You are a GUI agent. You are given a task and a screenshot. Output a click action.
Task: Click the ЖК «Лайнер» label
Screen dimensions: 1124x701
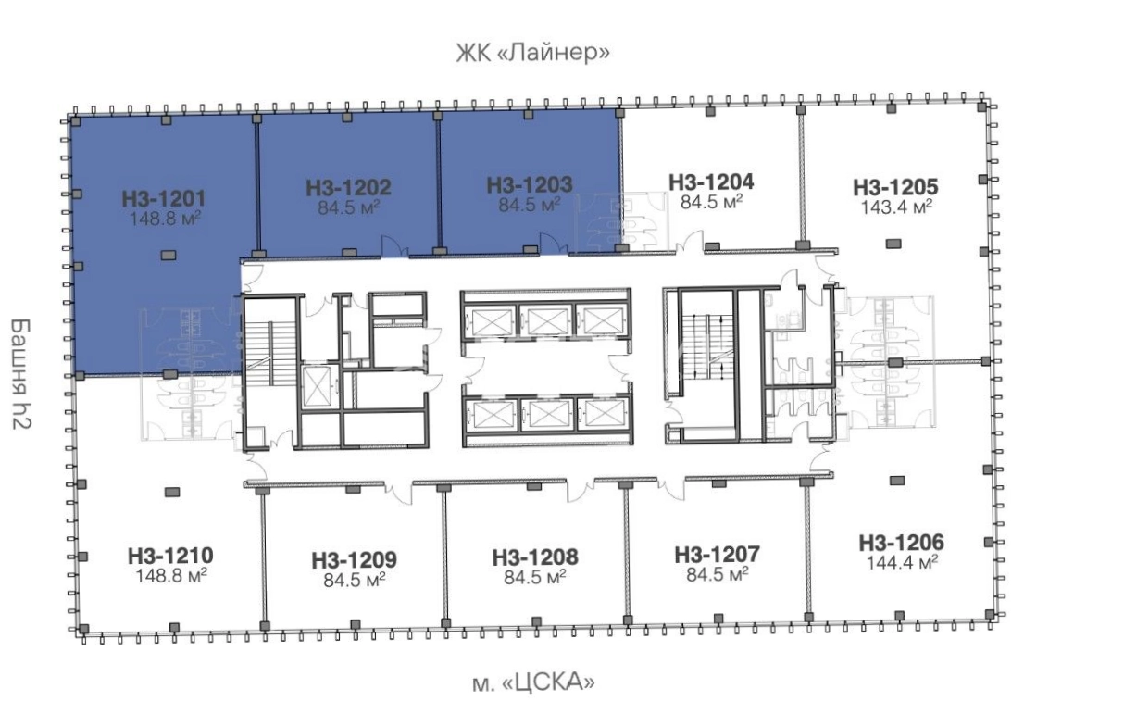[x=533, y=53]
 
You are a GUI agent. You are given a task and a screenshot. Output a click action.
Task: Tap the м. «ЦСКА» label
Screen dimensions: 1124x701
[x=534, y=682]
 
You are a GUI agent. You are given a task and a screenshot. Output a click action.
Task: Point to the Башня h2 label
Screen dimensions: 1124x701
[x=21, y=374]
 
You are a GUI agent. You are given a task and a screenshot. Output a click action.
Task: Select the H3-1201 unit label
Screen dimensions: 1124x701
[x=164, y=199]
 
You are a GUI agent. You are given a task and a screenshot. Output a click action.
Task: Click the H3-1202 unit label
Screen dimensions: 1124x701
[x=348, y=188]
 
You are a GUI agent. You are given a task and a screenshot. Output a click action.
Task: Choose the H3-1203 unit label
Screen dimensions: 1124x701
[x=530, y=184]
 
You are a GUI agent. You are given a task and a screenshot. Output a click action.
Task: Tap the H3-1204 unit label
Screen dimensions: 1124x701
[x=711, y=182]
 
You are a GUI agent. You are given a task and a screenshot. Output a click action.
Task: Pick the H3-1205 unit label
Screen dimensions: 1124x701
[x=895, y=187]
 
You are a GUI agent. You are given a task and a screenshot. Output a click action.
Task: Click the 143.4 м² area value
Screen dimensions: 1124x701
[x=896, y=207]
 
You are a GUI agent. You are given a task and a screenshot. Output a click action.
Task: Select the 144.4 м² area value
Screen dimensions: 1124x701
[x=902, y=562]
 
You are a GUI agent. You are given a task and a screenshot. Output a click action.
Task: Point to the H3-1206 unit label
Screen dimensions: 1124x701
[x=901, y=543]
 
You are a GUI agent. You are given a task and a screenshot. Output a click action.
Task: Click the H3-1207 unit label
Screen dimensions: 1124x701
[x=717, y=555]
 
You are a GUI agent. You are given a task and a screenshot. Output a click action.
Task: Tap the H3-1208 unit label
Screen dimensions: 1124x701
[x=535, y=557]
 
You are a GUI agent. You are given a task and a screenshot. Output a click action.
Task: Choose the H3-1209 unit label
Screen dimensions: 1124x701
[x=354, y=560]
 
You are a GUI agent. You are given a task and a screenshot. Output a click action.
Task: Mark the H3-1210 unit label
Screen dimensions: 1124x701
[x=170, y=556]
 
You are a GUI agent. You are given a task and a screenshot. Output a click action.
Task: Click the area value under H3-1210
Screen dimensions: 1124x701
[x=171, y=576]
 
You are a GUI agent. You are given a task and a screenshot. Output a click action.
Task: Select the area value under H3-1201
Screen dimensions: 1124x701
[x=166, y=219]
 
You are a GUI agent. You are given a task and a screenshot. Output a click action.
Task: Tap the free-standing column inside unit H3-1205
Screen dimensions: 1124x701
[x=893, y=244]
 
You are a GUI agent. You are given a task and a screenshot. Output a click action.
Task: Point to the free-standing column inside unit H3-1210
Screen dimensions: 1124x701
[x=172, y=493]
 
